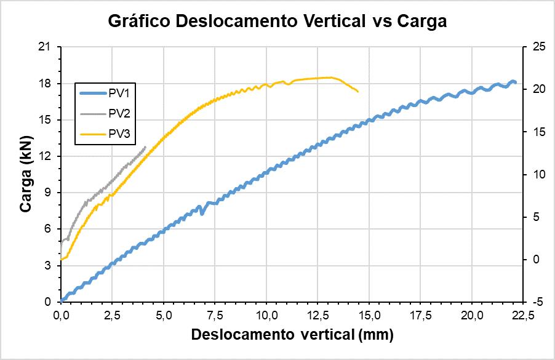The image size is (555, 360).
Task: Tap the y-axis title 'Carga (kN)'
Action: click(x=26, y=174)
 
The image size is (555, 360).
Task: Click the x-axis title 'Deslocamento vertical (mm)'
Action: click(x=292, y=335)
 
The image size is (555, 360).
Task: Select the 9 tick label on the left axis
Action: click(x=49, y=193)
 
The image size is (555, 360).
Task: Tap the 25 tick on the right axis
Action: click(x=533, y=47)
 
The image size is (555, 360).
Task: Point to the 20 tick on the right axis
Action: click(x=533, y=89)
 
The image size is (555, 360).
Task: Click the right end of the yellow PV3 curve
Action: click(x=357, y=92)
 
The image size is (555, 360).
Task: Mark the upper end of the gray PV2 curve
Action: click(x=145, y=146)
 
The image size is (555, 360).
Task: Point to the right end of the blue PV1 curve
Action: click(x=515, y=82)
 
